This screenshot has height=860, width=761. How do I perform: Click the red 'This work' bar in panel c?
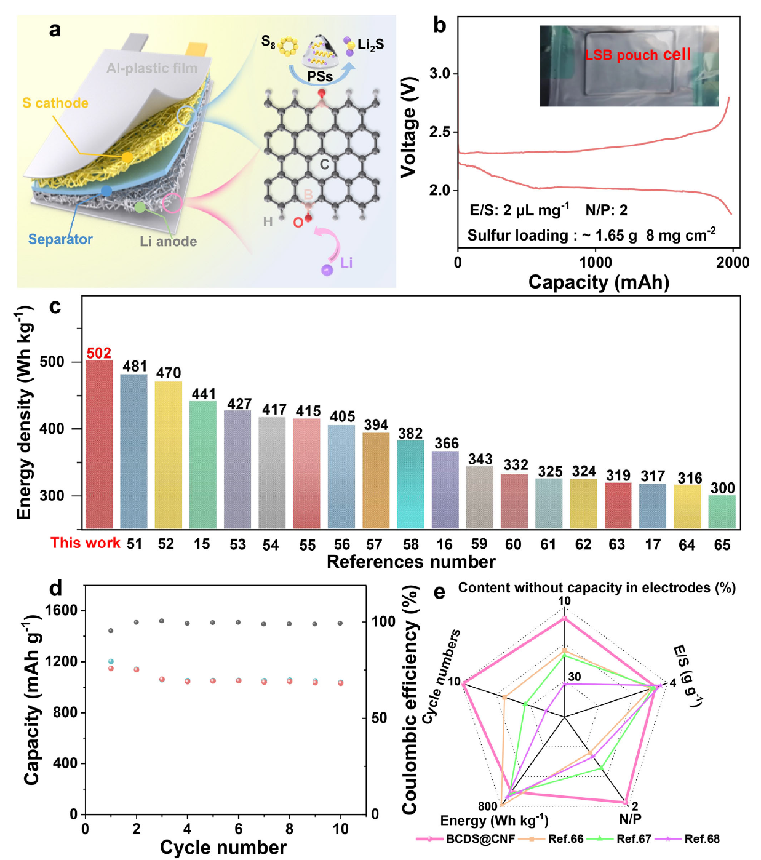coord(99,444)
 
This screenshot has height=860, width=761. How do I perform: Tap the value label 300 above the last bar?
coord(722,488)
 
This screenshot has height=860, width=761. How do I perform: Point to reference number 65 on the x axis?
coord(722,545)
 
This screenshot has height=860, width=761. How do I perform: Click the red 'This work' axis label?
coord(85,543)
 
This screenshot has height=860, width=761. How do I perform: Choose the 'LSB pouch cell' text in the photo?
coord(637,55)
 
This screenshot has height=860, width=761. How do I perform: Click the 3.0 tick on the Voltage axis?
coord(440,74)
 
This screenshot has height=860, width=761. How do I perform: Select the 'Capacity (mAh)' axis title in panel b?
coord(598,282)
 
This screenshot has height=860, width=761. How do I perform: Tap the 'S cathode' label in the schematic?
coord(55,103)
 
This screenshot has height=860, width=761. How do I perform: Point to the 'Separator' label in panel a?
coord(60,239)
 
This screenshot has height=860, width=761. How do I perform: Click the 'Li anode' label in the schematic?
coord(168,242)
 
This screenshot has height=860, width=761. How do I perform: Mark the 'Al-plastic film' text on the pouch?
coord(152,68)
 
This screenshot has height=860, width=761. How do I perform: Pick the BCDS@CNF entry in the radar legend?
coord(480,839)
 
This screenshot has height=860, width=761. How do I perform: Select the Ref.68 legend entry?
coord(701,839)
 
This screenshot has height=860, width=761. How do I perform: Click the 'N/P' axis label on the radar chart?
coord(630,819)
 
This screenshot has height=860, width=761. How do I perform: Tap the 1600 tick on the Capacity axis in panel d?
coord(61,611)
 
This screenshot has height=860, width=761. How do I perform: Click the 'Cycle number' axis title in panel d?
coord(223,848)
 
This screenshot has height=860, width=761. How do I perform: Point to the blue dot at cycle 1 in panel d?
coord(111,661)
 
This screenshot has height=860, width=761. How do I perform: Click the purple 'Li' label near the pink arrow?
coord(346,263)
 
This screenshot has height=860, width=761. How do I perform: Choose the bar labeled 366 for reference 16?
coord(445,490)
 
